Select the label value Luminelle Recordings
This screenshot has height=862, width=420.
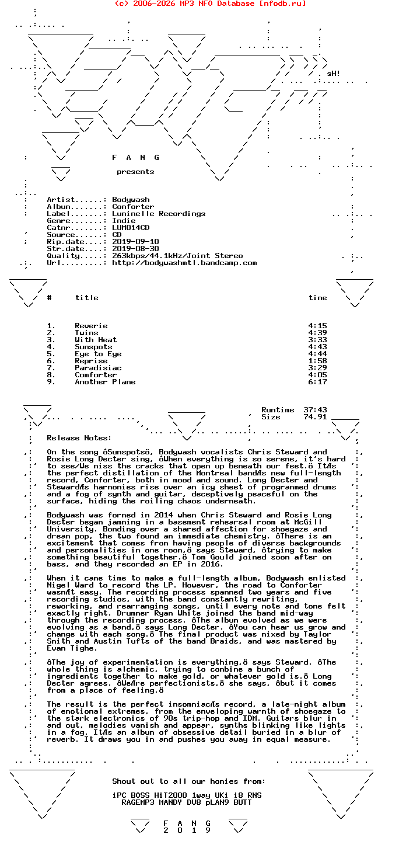159,214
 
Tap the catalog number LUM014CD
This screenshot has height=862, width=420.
131,228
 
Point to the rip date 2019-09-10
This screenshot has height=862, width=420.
135,242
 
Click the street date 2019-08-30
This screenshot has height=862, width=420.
135,249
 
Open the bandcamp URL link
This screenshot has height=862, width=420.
184,263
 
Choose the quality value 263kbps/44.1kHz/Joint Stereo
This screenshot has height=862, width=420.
177,256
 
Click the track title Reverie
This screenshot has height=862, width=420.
91,326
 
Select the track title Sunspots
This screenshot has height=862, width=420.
93,347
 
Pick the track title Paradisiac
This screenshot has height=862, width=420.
98,368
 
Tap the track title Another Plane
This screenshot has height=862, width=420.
105,382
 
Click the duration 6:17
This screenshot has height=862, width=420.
317,382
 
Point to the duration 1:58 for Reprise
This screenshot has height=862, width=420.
317,361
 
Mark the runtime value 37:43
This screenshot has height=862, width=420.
315,410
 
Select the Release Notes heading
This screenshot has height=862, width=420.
79,438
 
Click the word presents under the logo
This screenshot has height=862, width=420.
135,172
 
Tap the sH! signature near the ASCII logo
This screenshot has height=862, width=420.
333,74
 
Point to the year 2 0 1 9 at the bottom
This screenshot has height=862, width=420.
187,830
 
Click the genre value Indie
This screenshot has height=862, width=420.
124,221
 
